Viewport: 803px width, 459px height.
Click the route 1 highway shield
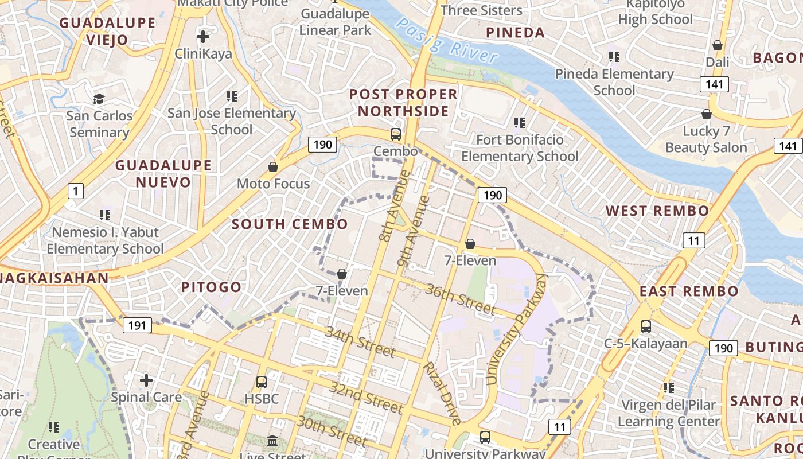point(75,190)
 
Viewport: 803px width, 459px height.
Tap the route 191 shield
point(137,326)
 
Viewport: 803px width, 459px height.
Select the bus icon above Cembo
point(396,134)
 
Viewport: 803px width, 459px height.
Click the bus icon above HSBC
point(262,382)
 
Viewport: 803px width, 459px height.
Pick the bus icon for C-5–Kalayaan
point(646,326)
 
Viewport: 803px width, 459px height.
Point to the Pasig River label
point(447,40)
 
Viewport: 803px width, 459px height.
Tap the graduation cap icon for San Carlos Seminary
point(99,99)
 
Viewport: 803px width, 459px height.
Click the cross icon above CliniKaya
point(202,37)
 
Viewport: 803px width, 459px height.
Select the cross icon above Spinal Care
point(146,380)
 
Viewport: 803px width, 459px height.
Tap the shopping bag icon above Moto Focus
point(273,167)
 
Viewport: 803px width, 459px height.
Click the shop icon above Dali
point(718,45)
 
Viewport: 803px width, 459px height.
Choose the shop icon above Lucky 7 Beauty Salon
point(707,114)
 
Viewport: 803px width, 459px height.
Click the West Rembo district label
point(657,211)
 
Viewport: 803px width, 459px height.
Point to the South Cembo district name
point(290,224)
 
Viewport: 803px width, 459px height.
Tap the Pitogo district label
point(212,287)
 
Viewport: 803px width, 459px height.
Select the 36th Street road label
point(460,298)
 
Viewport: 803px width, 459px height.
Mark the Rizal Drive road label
point(442,394)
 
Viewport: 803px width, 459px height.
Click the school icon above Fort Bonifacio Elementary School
point(520,122)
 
